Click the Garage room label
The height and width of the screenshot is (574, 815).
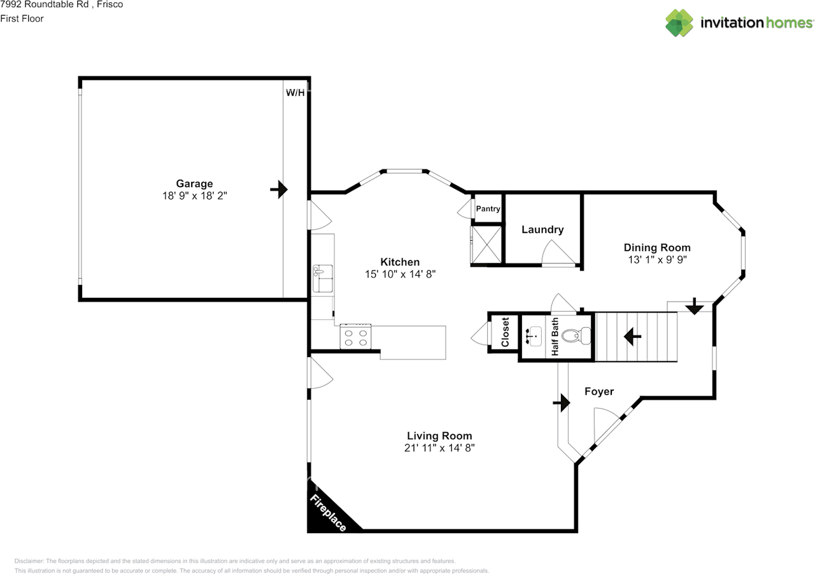coord(194,184)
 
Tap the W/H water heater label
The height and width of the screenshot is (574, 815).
coord(295,92)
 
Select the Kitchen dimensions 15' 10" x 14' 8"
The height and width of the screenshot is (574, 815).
coord(399,274)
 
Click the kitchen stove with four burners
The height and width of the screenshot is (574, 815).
coord(356,336)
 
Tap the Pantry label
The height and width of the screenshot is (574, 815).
coord(488,209)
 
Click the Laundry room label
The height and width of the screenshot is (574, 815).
coord(542,230)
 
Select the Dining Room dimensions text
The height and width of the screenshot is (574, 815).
coord(656,260)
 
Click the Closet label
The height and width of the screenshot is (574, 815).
coord(505,332)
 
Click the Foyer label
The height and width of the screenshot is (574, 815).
coord(599,391)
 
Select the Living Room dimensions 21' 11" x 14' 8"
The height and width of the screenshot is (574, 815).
coord(439,448)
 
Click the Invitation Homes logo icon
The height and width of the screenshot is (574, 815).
coord(679,23)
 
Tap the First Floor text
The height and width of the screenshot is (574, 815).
coord(22,18)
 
